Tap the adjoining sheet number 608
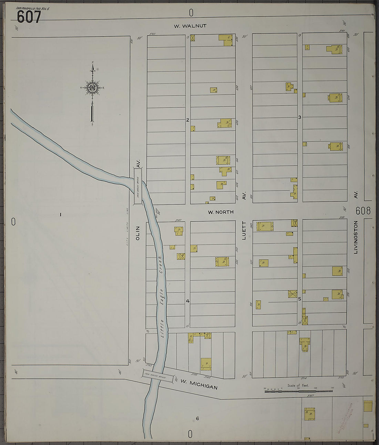click(x=363, y=211)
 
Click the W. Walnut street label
click(x=190, y=26)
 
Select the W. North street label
click(x=221, y=212)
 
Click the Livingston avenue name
click(x=356, y=238)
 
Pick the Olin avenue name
click(x=138, y=233)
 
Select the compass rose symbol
click(x=92, y=88)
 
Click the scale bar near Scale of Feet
click(x=298, y=391)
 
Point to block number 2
click(x=188, y=120)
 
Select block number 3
click(x=299, y=117)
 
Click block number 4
click(x=188, y=301)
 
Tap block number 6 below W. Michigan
click(x=198, y=419)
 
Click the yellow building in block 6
click(x=310, y=414)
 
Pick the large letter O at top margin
click(x=191, y=13)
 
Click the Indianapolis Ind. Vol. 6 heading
click(x=33, y=8)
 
